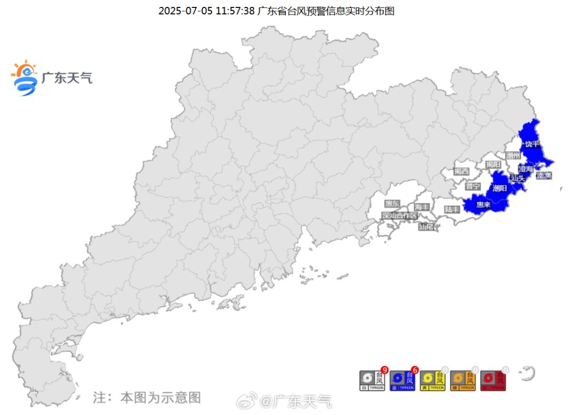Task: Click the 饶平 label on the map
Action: pyautogui.click(x=531, y=144)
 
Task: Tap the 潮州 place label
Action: pyautogui.click(x=513, y=155)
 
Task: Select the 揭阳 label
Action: pyautogui.click(x=493, y=164)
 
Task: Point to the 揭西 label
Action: pyautogui.click(x=461, y=171)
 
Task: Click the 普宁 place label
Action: pyautogui.click(x=473, y=186)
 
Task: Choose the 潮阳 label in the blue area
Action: pyautogui.click(x=499, y=188)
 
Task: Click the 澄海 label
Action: pyautogui.click(x=526, y=169)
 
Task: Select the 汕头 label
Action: pyautogui.click(x=518, y=178)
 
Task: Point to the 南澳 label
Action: pyautogui.click(x=544, y=175)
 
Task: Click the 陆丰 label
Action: pyautogui.click(x=452, y=209)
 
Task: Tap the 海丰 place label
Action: pyautogui.click(x=422, y=206)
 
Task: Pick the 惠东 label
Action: pyautogui.click(x=392, y=203)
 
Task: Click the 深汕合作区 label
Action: pyautogui.click(x=400, y=215)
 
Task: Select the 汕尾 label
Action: pyautogui.click(x=425, y=227)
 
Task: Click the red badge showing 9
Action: pyautogui.click(x=384, y=370)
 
